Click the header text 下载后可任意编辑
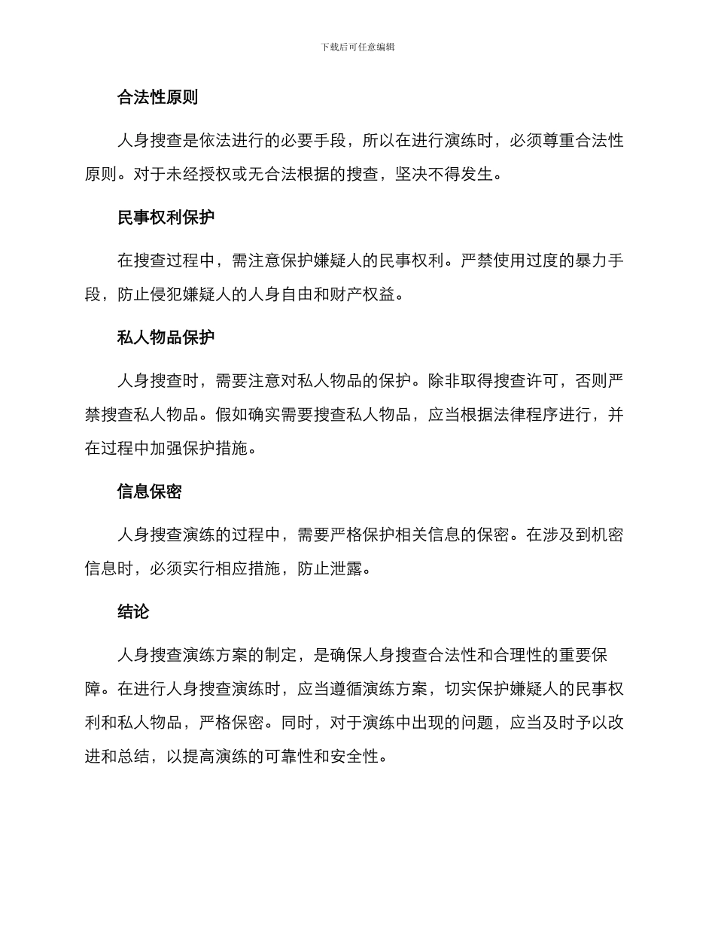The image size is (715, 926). tap(357, 47)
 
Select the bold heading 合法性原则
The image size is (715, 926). tap(157, 97)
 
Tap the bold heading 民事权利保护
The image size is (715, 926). tap(166, 218)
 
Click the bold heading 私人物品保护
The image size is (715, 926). tap(166, 337)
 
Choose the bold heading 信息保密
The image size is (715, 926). tap(149, 492)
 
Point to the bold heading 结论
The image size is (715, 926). tap(133, 612)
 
